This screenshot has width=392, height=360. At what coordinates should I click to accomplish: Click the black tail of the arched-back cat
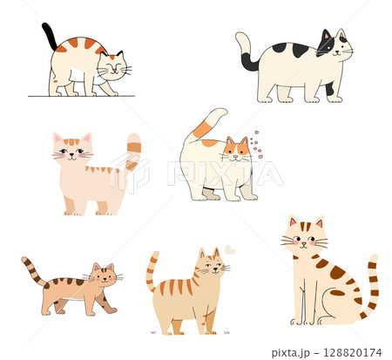[x=50, y=37]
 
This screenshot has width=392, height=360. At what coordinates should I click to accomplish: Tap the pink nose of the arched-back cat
[x=115, y=71]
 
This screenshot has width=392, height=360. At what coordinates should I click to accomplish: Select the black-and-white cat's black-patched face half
[x=326, y=43]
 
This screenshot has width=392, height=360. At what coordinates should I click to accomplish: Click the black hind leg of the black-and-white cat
[x=329, y=89]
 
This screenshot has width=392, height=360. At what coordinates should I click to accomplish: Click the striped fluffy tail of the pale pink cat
[x=133, y=152]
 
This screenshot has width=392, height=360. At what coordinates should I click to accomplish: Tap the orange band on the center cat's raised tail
[x=202, y=130]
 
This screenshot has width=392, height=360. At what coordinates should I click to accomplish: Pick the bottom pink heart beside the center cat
[x=260, y=157]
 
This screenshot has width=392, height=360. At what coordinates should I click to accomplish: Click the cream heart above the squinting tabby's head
[x=229, y=249]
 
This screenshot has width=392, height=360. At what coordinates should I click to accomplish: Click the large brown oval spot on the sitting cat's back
[x=338, y=272]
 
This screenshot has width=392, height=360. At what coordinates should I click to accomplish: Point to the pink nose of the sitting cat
[x=304, y=243]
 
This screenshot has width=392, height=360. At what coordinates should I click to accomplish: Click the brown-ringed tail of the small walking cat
[x=33, y=271]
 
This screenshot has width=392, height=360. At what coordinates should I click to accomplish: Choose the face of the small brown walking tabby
[x=105, y=275]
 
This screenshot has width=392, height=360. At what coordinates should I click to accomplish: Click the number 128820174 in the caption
[x=352, y=353]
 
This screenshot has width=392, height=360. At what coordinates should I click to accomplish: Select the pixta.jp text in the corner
[x=290, y=353]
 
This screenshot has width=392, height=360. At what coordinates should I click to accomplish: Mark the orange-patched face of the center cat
[x=236, y=150]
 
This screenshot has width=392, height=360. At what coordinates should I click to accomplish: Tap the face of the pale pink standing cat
[x=72, y=148]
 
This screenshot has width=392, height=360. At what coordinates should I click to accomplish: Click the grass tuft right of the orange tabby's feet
[x=227, y=332]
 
